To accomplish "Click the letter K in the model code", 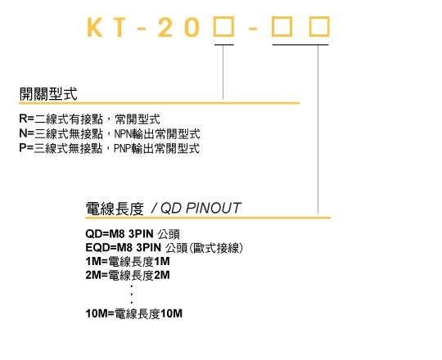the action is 94,27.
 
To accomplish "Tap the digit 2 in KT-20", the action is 165,27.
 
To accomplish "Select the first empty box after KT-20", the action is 223,27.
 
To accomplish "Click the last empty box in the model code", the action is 319,27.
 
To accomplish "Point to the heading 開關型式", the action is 48,94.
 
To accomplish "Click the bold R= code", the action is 26,119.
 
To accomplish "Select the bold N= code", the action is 27,133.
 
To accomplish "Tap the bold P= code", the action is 26,147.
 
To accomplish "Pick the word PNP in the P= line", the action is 122,148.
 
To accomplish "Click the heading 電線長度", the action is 115,209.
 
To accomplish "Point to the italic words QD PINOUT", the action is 201,209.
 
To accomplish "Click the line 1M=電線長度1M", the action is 128,262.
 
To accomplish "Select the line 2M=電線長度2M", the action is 128,275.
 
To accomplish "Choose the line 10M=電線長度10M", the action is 134,313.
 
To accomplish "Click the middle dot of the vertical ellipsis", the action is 132,295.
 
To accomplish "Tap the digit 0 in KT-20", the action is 193,27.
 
